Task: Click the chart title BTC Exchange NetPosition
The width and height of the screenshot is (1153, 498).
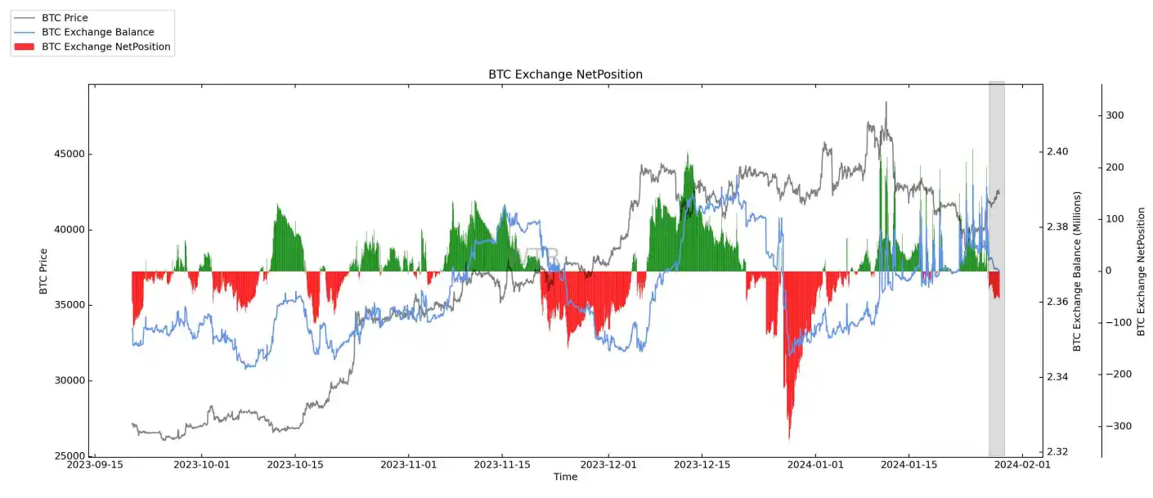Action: pyautogui.click(x=565, y=74)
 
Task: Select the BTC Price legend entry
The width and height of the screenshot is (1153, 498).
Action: pyautogui.click(x=65, y=18)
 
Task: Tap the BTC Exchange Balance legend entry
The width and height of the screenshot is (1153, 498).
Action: pyautogui.click(x=97, y=33)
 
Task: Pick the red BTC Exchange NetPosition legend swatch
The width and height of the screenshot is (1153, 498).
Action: pyautogui.click(x=25, y=47)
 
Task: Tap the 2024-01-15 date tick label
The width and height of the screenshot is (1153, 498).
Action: pyautogui.click(x=908, y=464)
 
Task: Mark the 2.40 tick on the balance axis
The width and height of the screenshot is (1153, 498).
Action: pyautogui.click(x=1057, y=152)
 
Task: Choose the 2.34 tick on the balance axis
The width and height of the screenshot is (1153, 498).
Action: pyautogui.click(x=1057, y=377)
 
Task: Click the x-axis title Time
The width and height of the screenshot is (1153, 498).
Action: pyautogui.click(x=565, y=477)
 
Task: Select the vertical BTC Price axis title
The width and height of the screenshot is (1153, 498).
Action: pyautogui.click(x=43, y=270)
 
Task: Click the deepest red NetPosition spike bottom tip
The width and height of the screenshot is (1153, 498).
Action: pyautogui.click(x=789, y=439)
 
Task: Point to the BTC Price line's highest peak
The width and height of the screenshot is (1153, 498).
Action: pyautogui.click(x=886, y=103)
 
